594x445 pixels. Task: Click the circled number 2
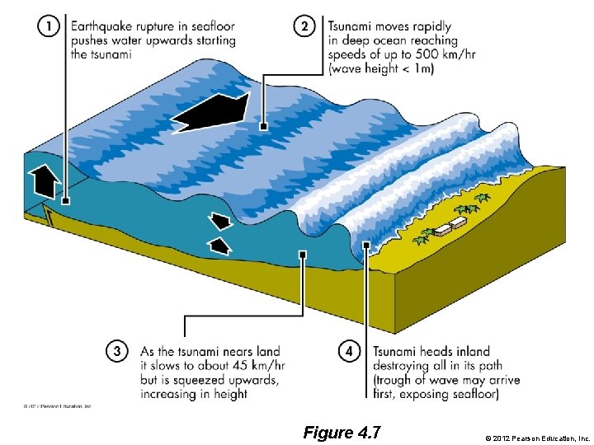coord(305,27)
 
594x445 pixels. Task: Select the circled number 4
coord(349,352)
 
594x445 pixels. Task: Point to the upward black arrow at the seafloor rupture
coord(45,179)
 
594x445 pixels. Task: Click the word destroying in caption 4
coord(403,366)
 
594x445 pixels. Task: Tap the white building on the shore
coord(452,225)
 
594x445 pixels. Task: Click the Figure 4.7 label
coord(342,431)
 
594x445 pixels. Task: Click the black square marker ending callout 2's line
coord(262,127)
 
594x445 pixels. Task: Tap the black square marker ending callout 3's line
coord(304,255)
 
